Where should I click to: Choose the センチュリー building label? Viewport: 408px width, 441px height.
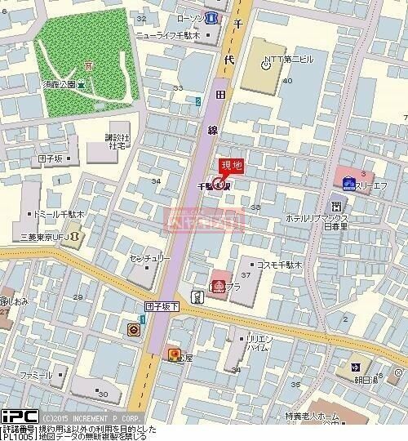[149, 258]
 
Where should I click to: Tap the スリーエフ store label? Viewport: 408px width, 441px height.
[377, 185]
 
